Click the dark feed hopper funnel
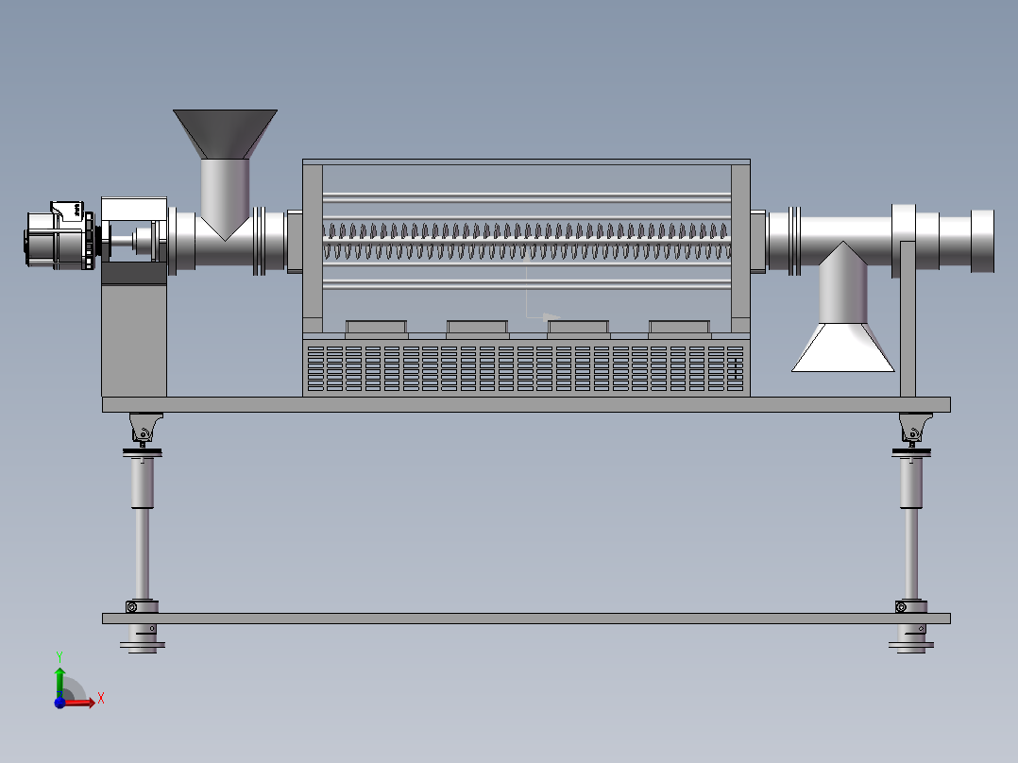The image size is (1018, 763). pyautogui.click(x=226, y=134)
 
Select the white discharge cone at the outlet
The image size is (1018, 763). pyautogui.click(x=842, y=348)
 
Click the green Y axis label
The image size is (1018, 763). pyautogui.click(x=59, y=656)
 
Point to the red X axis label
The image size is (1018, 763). pyautogui.click(x=101, y=699)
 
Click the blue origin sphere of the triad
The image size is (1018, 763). pyautogui.click(x=59, y=703)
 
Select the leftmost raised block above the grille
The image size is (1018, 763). pyautogui.click(x=377, y=329)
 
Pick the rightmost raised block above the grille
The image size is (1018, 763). pyautogui.click(x=679, y=329)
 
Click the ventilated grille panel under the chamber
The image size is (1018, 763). pyautogui.click(x=526, y=367)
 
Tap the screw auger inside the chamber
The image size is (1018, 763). pyautogui.click(x=527, y=241)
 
